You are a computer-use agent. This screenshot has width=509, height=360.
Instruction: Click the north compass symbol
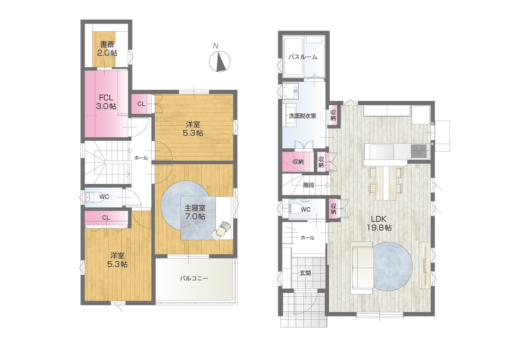click(x=220, y=61)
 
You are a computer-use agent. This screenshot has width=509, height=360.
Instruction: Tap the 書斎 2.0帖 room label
click(x=107, y=49)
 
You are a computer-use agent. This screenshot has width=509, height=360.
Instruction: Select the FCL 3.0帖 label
click(x=106, y=102)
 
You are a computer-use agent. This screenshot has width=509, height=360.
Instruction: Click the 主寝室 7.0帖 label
click(x=195, y=212)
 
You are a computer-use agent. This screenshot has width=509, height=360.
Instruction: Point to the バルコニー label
click(x=194, y=278)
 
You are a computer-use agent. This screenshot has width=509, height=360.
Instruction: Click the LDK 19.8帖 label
click(x=379, y=223)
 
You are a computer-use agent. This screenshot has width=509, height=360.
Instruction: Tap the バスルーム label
click(x=303, y=57)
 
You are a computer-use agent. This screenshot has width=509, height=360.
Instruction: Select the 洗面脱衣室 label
click(x=302, y=115)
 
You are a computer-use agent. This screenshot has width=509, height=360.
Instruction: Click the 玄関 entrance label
click(x=305, y=273)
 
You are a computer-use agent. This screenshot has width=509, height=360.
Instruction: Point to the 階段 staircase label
click(x=309, y=185)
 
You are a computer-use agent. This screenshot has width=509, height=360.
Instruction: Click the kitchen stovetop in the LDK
click(x=419, y=151)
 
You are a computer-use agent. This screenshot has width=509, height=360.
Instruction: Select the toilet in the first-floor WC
click(x=293, y=208)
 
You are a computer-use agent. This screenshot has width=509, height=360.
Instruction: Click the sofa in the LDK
click(x=362, y=268)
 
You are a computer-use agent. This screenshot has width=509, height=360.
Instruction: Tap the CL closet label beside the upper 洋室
click(x=141, y=104)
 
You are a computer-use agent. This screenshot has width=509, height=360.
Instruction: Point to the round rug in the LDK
click(x=392, y=266)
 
